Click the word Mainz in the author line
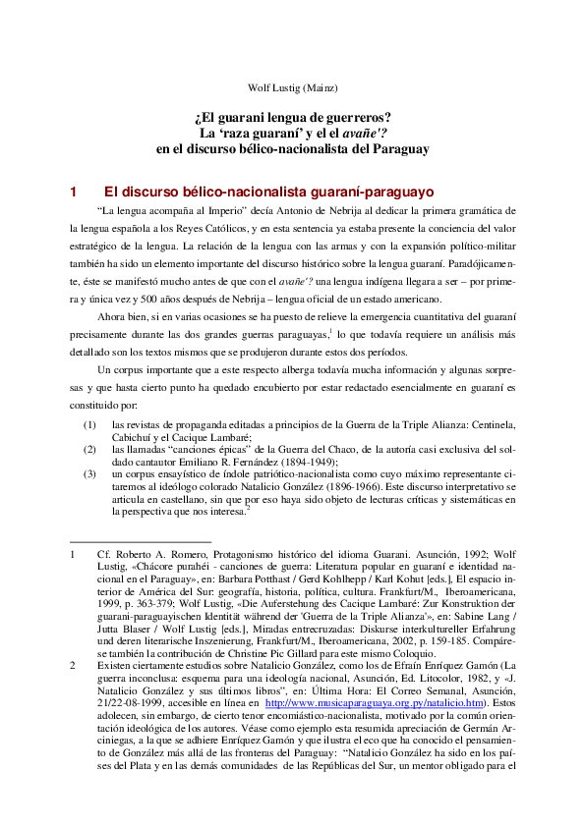click(x=321, y=87)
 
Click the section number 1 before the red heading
click(x=73, y=193)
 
